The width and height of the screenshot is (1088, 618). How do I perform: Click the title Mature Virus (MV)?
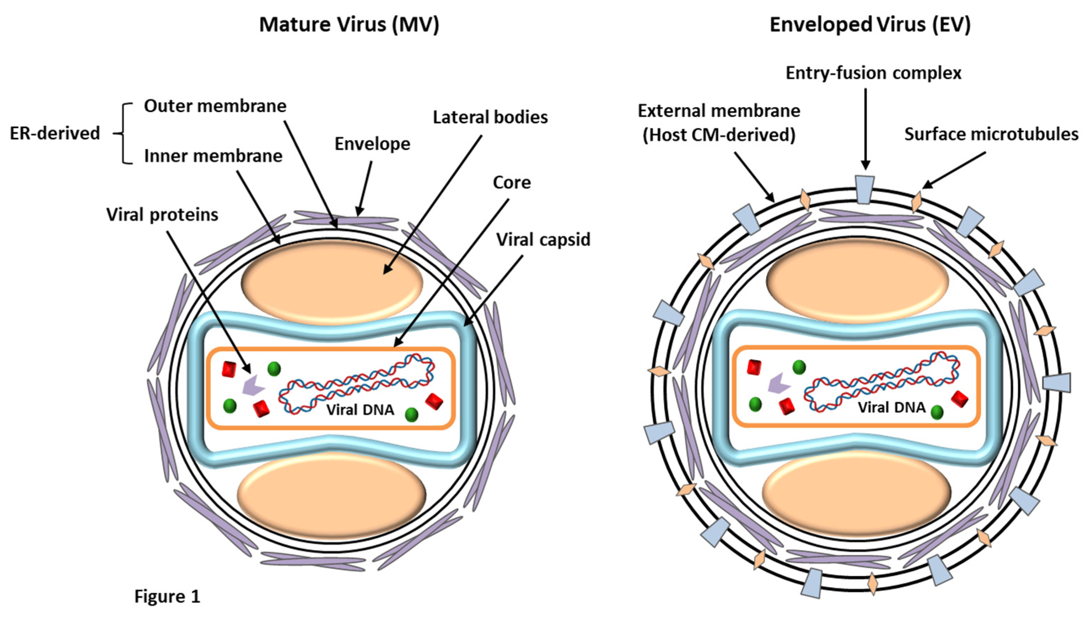349,24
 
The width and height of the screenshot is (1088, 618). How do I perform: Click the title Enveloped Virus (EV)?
870,24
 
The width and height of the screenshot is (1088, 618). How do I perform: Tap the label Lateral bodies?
490,117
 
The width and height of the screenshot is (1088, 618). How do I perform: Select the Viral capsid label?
543,240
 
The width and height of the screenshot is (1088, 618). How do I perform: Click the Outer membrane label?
215,106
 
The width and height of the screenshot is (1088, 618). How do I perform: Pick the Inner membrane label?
213,156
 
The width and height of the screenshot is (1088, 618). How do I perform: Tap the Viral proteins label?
162,215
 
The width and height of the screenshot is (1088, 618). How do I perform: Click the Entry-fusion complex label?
873,73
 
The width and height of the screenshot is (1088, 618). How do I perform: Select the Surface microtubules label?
991,134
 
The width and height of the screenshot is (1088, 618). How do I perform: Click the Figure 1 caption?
167,596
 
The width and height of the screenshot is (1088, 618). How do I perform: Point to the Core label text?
512,183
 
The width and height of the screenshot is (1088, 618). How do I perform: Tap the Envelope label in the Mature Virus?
372,144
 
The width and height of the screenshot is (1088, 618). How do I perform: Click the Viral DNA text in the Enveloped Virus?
891,407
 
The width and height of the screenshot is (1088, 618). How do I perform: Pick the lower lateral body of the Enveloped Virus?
857,492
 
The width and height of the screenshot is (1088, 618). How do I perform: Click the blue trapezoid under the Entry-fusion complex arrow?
865,189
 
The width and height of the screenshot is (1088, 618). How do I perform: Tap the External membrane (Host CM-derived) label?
719,123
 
